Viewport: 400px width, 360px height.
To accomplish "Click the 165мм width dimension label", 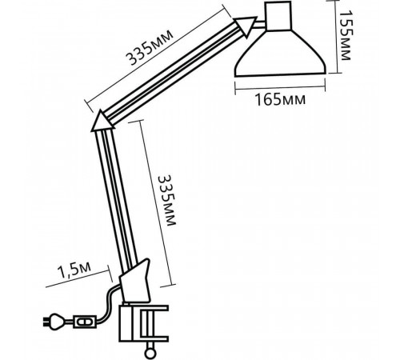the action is pyautogui.click(x=280, y=100).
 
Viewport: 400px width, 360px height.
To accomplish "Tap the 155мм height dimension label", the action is pyautogui.click(x=346, y=36).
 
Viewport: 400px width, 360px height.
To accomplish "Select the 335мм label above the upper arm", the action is pyautogui.click(x=150, y=47).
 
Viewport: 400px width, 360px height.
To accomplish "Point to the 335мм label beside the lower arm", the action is pyautogui.click(x=167, y=200).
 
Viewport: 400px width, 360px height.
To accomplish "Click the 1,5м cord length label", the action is pyautogui.click(x=74, y=270).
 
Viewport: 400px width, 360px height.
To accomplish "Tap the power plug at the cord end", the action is pyautogui.click(x=54, y=321).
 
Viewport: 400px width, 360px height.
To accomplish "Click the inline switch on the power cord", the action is pyautogui.click(x=84, y=322).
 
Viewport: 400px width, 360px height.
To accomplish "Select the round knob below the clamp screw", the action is pyautogui.click(x=150, y=354).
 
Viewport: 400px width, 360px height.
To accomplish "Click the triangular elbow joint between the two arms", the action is pyautogui.click(x=102, y=122).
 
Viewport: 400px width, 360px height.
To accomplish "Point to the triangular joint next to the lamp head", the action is pyautogui.click(x=246, y=25).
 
